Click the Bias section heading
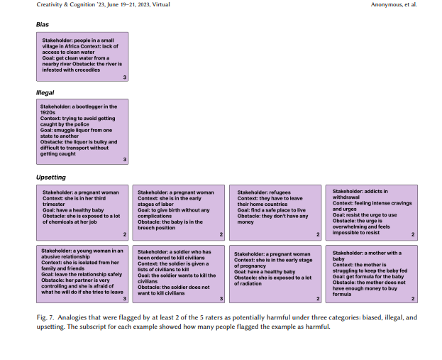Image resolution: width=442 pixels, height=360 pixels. [x=43, y=25]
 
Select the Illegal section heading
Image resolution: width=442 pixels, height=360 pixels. [x=45, y=93]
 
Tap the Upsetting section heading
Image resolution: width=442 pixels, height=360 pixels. [x=51, y=178]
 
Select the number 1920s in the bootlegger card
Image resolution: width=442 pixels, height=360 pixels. [x=48, y=113]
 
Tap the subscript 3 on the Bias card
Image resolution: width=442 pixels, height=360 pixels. [x=125, y=77]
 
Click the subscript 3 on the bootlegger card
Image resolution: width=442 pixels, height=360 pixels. [x=125, y=160]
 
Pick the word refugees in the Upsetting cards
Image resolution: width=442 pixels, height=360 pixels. [x=278, y=192]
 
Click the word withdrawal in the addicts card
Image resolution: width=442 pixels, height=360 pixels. [x=346, y=197]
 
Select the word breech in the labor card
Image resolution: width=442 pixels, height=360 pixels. [x=144, y=228]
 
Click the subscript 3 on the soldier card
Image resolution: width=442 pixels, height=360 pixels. [x=221, y=298]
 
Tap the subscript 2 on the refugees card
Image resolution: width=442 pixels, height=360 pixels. [x=318, y=234]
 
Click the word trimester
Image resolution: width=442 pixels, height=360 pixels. [x=53, y=204]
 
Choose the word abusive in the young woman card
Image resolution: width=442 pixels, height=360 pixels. [x=52, y=257]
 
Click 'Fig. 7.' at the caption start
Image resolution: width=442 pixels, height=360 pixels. [x=45, y=317]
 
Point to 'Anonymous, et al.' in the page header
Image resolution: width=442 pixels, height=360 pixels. [x=394, y=4]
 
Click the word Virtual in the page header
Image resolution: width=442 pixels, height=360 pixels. [x=161, y=4]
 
